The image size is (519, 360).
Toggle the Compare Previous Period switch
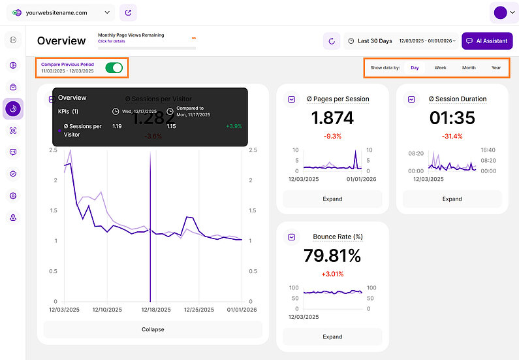click(x=114, y=68)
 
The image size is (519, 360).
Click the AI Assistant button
click(x=487, y=41)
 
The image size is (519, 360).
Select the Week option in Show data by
click(x=441, y=68)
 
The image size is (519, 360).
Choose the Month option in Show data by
click(x=469, y=68)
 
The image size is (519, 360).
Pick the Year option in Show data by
click(x=496, y=68)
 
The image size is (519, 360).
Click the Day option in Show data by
click(x=415, y=68)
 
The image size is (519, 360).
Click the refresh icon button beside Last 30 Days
click(x=332, y=41)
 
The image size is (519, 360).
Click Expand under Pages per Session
click(x=332, y=199)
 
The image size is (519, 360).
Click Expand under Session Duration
click(x=452, y=199)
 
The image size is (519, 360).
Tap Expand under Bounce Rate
click(x=332, y=336)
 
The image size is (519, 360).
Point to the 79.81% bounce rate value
click(x=332, y=255)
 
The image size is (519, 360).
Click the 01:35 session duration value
click(x=452, y=118)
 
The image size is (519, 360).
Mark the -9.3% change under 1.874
click(x=332, y=136)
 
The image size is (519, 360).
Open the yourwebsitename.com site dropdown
click(x=61, y=12)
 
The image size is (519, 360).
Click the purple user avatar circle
click(x=501, y=12)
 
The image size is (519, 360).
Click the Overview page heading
click(x=61, y=41)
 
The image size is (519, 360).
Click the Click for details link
click(x=111, y=41)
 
